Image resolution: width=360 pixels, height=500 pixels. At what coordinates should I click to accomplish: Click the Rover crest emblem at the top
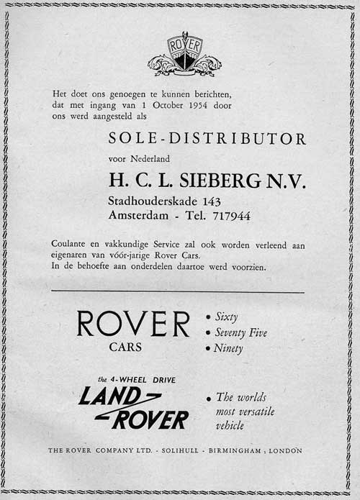(184, 54)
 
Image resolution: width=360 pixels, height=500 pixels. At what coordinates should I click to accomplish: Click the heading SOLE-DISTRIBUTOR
(207, 139)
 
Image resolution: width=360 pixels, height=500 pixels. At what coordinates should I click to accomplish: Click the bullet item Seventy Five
(241, 332)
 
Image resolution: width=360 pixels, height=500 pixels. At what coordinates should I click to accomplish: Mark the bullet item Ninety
(229, 349)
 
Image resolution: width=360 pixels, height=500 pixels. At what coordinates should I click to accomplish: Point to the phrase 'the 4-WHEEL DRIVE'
(137, 379)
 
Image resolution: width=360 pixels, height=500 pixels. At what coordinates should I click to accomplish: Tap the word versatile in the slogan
(256, 412)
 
